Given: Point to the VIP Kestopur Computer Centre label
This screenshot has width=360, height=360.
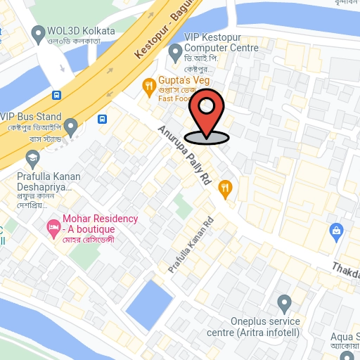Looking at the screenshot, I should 221,42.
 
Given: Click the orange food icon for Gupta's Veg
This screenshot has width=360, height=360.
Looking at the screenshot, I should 148,87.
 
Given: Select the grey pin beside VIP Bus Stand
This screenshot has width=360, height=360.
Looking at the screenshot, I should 70,127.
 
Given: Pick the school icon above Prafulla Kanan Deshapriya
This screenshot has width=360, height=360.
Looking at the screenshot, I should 32,157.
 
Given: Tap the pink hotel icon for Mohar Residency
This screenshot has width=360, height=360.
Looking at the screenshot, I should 52,227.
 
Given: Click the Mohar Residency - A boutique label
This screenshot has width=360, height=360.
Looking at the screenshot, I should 99,224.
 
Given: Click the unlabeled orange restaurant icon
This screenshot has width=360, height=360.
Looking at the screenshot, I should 225,187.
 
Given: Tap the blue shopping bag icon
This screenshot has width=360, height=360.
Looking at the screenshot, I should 336,230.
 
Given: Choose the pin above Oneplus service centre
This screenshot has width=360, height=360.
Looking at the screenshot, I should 284,304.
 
